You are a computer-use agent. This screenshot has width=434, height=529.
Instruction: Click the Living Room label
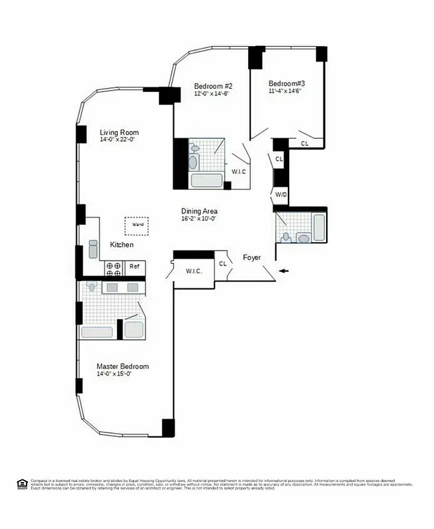click(x=119, y=132)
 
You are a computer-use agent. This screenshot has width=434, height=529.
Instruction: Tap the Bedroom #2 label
click(x=213, y=87)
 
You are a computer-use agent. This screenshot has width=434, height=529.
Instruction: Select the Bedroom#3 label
click(x=286, y=84)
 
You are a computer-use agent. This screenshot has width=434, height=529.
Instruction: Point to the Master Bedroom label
click(x=122, y=366)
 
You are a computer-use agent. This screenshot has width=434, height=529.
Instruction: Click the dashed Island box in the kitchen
click(x=138, y=225)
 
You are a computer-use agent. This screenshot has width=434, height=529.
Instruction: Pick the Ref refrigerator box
click(x=134, y=266)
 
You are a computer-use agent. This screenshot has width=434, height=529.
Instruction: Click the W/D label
click(x=281, y=195)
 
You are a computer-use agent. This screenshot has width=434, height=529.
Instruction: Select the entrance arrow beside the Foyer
click(x=284, y=271)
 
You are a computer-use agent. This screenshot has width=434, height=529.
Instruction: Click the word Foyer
click(x=252, y=257)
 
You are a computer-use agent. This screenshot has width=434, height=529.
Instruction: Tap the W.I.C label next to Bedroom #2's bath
click(x=238, y=173)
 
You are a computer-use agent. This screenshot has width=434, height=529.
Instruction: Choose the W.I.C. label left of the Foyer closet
click(x=193, y=272)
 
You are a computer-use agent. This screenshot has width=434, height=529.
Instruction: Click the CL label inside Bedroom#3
click(x=304, y=143)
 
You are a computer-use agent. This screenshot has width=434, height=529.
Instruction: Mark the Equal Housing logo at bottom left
click(x=22, y=484)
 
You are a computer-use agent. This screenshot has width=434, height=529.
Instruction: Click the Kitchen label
click(x=122, y=245)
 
